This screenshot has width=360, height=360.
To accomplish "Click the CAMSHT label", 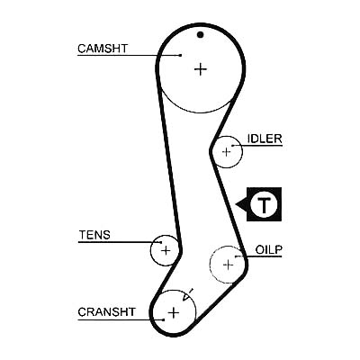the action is tap(103, 49).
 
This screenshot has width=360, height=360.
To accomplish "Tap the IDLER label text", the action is tap(265, 139).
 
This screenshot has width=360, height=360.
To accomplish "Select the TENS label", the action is tap(94, 235).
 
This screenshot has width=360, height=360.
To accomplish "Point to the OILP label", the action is tap(269, 249).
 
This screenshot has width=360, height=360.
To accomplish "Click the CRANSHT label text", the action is tap(107, 312).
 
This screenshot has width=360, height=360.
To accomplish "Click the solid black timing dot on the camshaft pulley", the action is tap(201, 35).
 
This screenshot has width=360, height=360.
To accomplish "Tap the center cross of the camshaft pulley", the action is tap(201, 69).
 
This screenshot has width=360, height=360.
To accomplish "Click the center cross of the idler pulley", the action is tap(227, 152).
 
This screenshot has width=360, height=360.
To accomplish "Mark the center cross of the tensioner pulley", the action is tap(166, 250).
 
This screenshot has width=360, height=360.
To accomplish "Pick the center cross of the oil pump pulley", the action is tap(229, 265).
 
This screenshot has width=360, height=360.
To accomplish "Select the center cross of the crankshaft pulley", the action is tap(174, 313).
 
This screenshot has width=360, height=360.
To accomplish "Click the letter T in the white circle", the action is tap(264, 204).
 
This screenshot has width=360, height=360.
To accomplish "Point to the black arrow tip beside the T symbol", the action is tap(236, 204).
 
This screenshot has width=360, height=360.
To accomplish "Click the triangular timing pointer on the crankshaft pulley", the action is tap(187, 295).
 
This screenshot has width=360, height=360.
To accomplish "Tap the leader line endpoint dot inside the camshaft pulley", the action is tap(180, 55).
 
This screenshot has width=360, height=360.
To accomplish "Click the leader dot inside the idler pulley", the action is tap(232, 146).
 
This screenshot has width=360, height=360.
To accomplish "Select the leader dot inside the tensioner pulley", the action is tap(161, 242).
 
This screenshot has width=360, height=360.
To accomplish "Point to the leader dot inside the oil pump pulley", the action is tap(237, 256).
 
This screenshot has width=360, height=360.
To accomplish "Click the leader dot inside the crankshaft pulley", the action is tap(163, 319).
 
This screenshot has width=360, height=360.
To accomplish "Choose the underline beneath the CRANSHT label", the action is tap(121, 319).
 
